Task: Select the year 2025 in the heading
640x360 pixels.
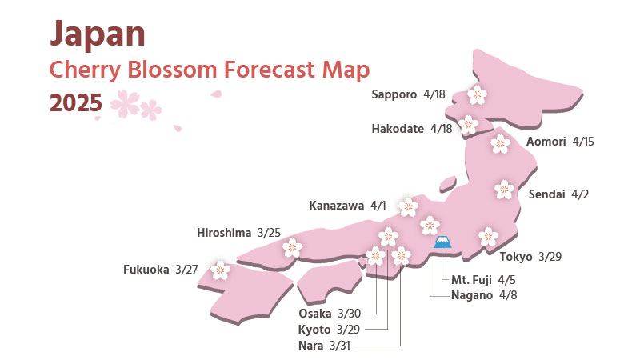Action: pyautogui.click(x=75, y=102)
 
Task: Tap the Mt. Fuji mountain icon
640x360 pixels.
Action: pyautogui.click(x=442, y=242)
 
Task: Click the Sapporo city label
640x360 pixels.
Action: pyautogui.click(x=394, y=94)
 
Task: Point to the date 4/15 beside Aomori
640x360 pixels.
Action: pyautogui.click(x=584, y=142)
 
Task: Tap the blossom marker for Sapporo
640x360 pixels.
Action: pyautogui.click(x=476, y=95)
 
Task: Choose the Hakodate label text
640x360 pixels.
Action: pyautogui.click(x=398, y=128)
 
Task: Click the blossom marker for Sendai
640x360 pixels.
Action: pyautogui.click(x=504, y=190)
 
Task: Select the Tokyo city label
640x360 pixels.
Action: pyautogui.click(x=516, y=257)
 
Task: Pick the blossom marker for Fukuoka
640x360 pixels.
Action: pyautogui.click(x=220, y=270)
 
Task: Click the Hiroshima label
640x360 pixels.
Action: pyautogui.click(x=224, y=233)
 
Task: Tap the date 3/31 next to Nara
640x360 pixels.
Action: pyautogui.click(x=340, y=346)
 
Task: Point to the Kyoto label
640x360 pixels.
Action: pyautogui.click(x=314, y=330)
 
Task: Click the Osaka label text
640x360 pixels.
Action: pyautogui.click(x=314, y=313)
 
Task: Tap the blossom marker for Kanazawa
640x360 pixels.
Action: pyautogui.click(x=408, y=206)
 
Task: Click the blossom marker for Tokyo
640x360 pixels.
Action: pyautogui.click(x=487, y=236)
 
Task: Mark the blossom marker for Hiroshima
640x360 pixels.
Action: pyautogui.click(x=292, y=247)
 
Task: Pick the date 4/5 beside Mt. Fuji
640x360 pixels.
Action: pyautogui.click(x=506, y=280)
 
